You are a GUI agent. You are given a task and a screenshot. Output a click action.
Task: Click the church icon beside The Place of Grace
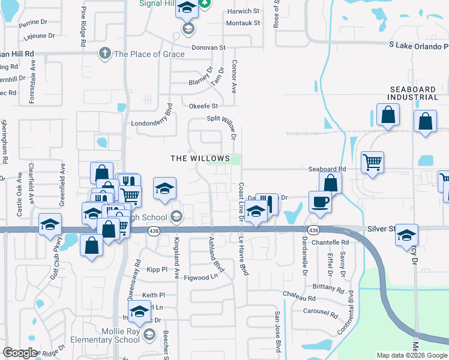105,53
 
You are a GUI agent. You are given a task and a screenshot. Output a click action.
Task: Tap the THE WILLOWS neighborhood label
200,158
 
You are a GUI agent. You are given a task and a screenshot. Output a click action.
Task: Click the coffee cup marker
319,202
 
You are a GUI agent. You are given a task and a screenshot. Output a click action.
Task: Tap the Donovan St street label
208,47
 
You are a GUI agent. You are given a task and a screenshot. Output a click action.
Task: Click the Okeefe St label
203,106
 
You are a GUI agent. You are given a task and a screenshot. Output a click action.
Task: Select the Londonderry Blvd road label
152,124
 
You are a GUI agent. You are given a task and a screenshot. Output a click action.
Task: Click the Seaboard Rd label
327,170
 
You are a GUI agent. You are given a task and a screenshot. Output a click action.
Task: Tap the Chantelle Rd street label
330,242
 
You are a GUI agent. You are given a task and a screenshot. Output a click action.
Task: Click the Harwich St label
243,11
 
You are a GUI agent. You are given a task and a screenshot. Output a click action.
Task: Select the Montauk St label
243,23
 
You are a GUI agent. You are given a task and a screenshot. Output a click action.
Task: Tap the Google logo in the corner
20,353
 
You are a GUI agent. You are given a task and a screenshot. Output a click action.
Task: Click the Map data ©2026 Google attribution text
412,355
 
